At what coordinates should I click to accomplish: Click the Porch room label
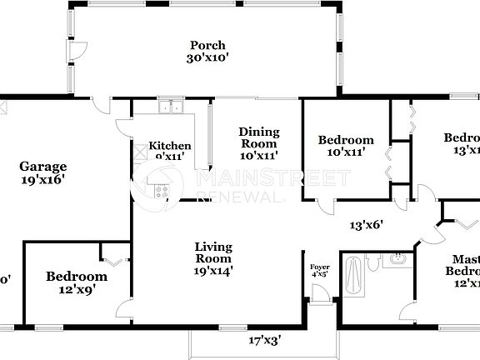click(207, 45)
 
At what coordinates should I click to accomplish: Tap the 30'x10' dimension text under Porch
click(207, 58)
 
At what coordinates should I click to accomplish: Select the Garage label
click(43, 166)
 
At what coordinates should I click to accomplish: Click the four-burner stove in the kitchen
click(161, 191)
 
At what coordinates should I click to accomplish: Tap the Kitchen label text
click(170, 146)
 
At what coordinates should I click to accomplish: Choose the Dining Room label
click(258, 137)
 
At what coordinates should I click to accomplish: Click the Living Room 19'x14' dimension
click(212, 269)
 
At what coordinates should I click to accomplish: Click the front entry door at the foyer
click(317, 294)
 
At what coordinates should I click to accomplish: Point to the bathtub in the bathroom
click(352, 275)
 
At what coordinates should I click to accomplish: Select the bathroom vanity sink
click(400, 260)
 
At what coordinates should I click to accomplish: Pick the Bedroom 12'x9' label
click(76, 283)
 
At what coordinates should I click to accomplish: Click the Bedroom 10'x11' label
click(346, 147)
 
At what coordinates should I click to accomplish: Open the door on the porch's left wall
click(76, 51)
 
